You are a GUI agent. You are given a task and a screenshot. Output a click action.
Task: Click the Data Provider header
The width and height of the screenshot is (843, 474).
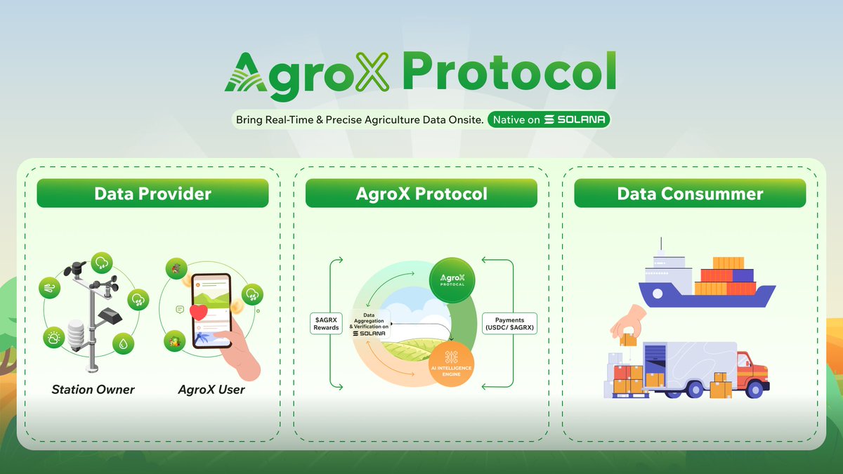click(152, 193)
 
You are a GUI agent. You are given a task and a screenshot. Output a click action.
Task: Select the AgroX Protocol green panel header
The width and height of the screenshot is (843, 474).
click(421, 193)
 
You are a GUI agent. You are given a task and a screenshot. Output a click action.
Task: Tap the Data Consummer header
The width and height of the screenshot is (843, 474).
click(690, 193)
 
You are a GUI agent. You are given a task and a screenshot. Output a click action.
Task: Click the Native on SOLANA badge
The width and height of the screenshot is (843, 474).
click(549, 120)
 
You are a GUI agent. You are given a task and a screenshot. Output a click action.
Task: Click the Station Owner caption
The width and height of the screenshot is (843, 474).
click(93, 389)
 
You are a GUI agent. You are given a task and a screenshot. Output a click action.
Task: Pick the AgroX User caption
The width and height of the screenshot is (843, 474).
click(211, 389)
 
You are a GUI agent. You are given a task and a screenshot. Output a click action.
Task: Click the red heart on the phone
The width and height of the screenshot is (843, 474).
click(199, 312)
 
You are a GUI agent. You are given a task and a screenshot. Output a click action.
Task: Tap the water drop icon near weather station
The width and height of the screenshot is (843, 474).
click(124, 343)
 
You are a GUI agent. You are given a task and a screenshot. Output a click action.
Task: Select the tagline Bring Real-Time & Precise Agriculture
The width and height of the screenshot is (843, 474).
click(359, 120)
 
